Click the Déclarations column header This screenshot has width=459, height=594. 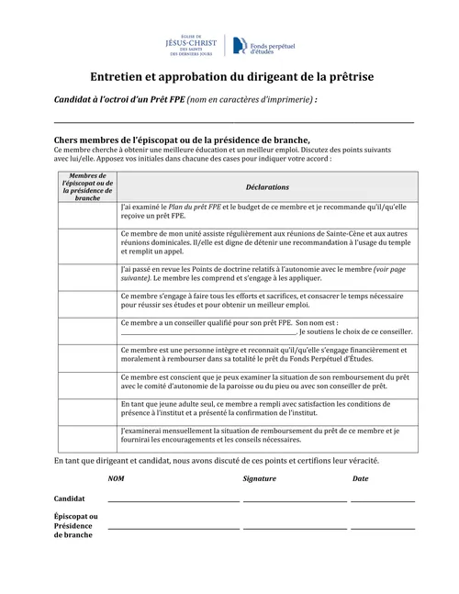[267, 186]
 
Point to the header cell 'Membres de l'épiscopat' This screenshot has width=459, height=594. [86, 186]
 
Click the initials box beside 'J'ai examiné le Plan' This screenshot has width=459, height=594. [86, 213]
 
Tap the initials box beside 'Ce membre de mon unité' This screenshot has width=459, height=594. [86, 244]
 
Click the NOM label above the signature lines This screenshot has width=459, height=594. [117, 479]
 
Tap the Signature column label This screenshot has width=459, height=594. [259, 479]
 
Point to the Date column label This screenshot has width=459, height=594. [361, 479]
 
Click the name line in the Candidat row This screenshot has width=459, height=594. [174, 501]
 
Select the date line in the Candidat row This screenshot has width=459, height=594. [382, 501]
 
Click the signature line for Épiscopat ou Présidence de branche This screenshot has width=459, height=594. [295, 528]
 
